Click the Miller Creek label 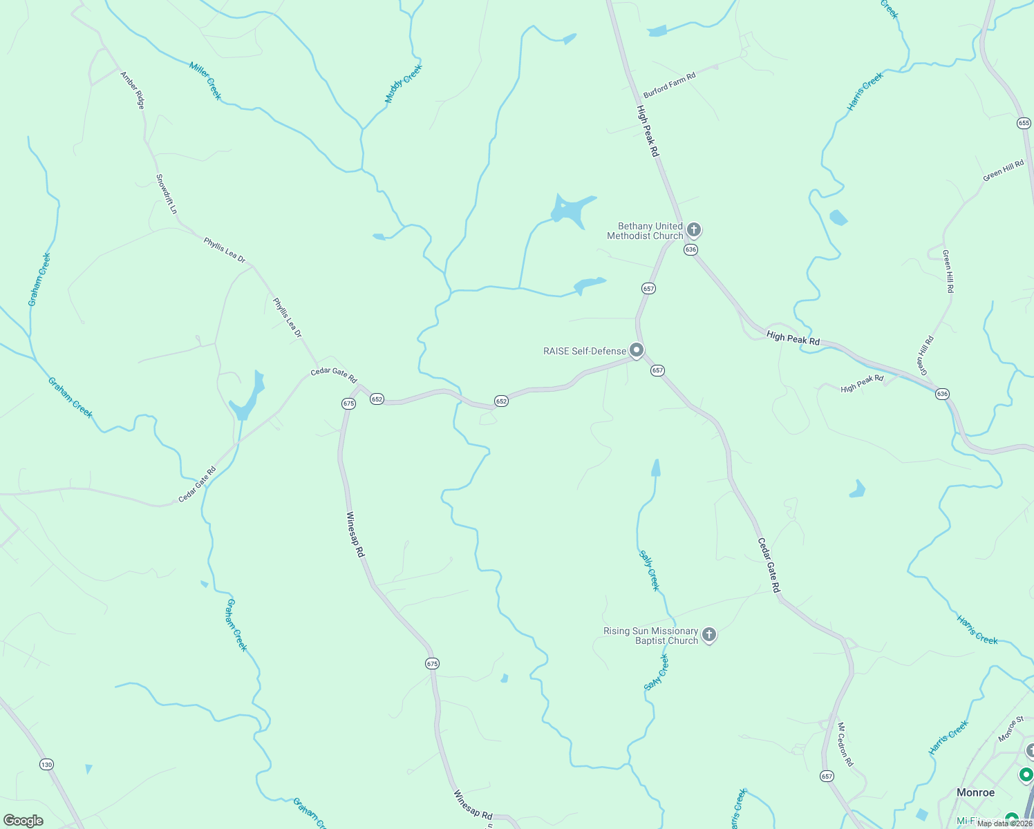click(205, 80)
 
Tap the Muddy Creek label click(403, 84)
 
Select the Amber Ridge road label click(132, 90)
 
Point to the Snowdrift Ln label click(167, 193)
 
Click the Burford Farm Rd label click(669, 85)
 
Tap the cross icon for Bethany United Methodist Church click(694, 229)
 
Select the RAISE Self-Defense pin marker click(637, 350)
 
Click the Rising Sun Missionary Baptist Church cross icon click(708, 634)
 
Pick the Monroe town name click(975, 792)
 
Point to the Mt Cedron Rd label click(845, 745)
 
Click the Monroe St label click(1010, 730)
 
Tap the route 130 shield click(46, 764)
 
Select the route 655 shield click(1024, 123)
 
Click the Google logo click(23, 821)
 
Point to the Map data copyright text click(1004, 823)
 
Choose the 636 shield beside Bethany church click(690, 249)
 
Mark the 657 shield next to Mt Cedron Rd click(827, 776)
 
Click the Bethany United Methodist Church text click(645, 231)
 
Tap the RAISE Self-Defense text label click(585, 351)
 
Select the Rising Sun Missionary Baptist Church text click(651, 636)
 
